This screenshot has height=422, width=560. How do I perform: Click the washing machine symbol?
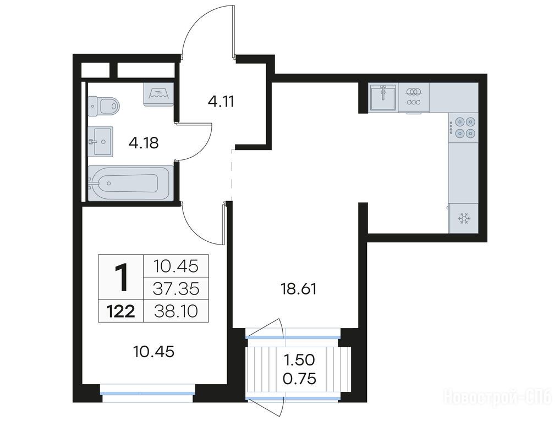click(158, 94)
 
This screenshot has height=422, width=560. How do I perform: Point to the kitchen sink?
click(383, 97)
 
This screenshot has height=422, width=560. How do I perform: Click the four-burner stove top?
click(463, 127)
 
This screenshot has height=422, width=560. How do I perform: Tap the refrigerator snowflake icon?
click(464, 218)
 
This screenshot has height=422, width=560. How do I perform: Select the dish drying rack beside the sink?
click(414, 97)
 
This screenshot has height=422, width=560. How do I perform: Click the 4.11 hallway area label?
click(221, 102)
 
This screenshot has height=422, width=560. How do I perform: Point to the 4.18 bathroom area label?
click(144, 143)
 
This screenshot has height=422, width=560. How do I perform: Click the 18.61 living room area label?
click(298, 289)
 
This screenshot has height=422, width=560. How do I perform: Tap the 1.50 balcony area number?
click(299, 360)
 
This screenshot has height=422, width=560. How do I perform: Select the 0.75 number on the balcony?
click(299, 379)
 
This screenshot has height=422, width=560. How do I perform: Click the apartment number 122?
click(121, 312)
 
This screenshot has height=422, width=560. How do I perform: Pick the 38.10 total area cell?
click(175, 312)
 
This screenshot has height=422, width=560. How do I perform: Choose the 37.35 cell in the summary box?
click(175, 289)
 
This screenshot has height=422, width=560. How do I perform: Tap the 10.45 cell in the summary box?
click(175, 266)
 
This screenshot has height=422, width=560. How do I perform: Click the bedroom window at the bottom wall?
click(147, 393)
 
